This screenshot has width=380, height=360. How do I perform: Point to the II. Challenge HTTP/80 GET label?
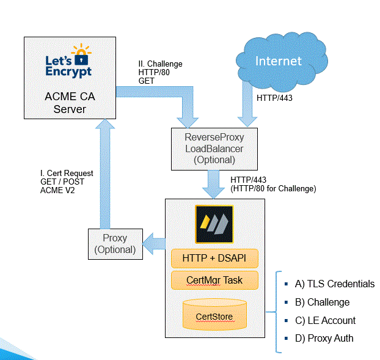click(x=160, y=72)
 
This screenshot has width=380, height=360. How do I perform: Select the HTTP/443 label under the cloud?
click(x=275, y=98)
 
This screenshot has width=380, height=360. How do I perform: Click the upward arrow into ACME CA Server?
click(x=103, y=171)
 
